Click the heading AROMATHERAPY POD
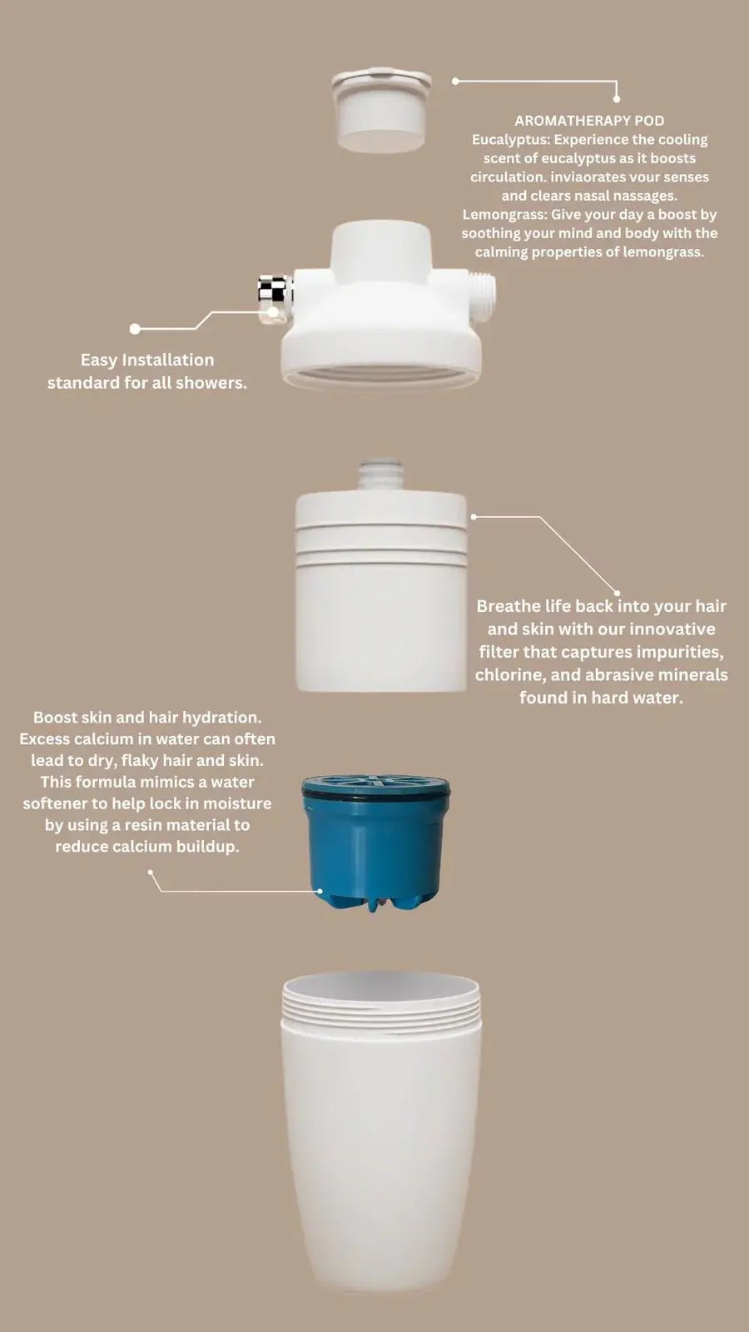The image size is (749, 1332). tap(589, 121)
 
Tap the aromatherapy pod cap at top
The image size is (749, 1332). tap(381, 111)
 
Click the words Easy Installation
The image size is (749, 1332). tap(146, 360)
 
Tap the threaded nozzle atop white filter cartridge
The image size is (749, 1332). tap(381, 475)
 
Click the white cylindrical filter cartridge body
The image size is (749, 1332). tap(381, 616)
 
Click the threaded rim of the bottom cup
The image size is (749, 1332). tap(381, 1003)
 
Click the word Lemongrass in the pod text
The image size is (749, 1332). tap(503, 215)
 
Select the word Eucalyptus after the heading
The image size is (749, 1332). tap(509, 140)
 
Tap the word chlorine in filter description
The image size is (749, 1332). tap(508, 675)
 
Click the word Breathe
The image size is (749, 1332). tap(508, 606)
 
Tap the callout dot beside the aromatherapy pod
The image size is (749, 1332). tap(455, 82)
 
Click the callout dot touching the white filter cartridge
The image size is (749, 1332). tap(474, 517)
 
